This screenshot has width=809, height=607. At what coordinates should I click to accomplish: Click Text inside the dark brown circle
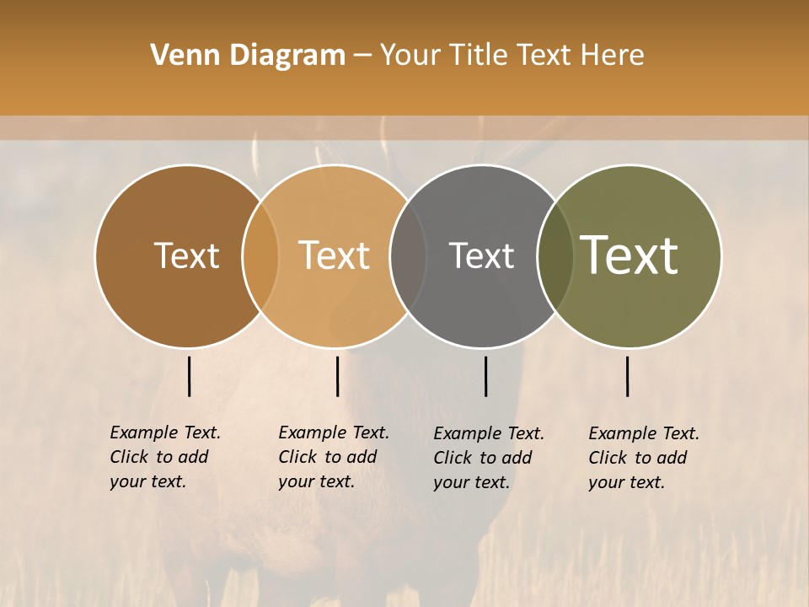[186, 255]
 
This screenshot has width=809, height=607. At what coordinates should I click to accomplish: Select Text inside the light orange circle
[334, 255]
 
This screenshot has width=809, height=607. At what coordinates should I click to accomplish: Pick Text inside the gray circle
[481, 255]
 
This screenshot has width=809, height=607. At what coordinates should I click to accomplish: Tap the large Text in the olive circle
[629, 255]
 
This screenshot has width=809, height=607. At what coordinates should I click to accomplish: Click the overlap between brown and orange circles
[260, 255]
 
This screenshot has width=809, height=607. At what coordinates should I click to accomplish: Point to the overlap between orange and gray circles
[408, 255]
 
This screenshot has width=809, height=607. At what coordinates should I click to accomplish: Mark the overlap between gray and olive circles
[555, 255]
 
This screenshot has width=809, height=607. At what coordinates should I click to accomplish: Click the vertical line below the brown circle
[190, 376]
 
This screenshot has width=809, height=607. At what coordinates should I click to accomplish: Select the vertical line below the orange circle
[337, 376]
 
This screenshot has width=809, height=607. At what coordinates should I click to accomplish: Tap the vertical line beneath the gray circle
[485, 376]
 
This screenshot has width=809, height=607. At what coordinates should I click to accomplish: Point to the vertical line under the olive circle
[628, 376]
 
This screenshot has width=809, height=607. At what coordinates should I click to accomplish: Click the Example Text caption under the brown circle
[165, 457]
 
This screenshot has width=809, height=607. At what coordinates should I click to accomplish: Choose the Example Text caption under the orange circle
[334, 457]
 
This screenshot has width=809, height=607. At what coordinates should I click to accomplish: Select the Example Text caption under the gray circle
[489, 458]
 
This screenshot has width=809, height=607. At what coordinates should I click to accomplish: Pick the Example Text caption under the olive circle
[644, 458]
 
